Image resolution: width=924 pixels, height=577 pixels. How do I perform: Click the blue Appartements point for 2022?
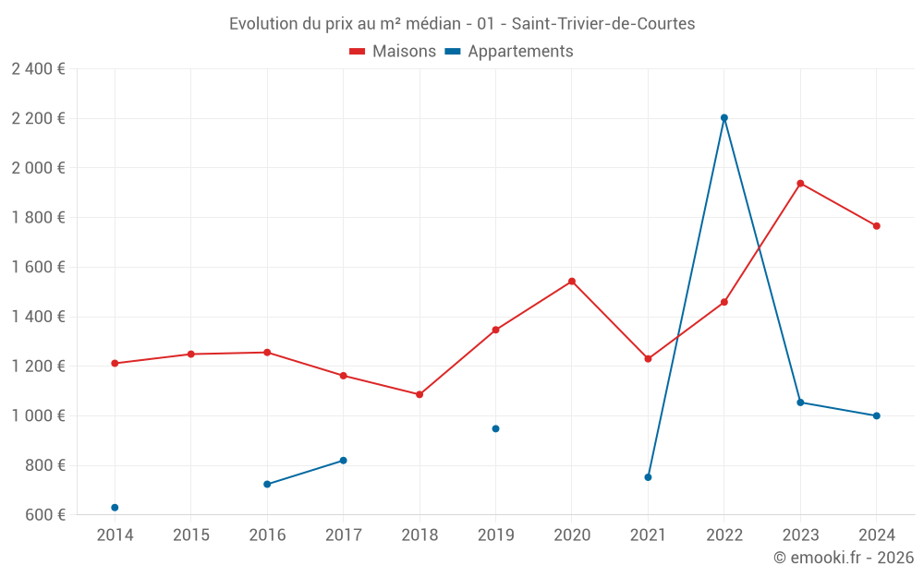pyautogui.click(x=724, y=117)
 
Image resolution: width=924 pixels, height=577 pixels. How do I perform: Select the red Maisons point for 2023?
pyautogui.click(x=800, y=183)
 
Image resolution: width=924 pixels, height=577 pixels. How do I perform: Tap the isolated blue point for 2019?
pyautogui.click(x=495, y=428)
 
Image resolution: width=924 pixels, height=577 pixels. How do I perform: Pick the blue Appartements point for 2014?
pyautogui.click(x=115, y=508)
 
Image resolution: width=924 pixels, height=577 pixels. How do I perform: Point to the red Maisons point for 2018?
pyautogui.click(x=419, y=394)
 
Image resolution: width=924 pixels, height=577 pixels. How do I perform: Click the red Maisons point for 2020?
pyautogui.click(x=572, y=281)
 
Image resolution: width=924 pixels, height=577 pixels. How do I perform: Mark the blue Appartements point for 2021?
pyautogui.click(x=648, y=477)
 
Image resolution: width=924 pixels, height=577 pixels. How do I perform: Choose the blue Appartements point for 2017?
pyautogui.click(x=343, y=460)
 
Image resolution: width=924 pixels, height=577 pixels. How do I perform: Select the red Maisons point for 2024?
pyautogui.click(x=876, y=225)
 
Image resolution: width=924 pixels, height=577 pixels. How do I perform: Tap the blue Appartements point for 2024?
pyautogui.click(x=876, y=415)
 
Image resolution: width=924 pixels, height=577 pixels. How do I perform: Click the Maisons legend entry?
pyautogui.click(x=393, y=52)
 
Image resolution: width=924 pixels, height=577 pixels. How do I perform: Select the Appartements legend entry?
pyautogui.click(x=509, y=52)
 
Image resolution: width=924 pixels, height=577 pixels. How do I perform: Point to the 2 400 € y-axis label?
pyautogui.click(x=38, y=69)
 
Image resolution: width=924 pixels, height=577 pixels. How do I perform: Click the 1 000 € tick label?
pyautogui.click(x=38, y=415)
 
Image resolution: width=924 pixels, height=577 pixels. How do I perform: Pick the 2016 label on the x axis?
pyautogui.click(x=267, y=535)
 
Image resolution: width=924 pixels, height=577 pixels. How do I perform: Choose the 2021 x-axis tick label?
pyautogui.click(x=648, y=535)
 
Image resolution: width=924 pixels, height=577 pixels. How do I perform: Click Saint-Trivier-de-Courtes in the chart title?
pyautogui.click(x=602, y=24)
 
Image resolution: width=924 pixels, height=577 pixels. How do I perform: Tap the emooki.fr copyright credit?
pyautogui.click(x=844, y=558)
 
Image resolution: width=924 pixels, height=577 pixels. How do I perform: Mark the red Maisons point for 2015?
pyautogui.click(x=191, y=354)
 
